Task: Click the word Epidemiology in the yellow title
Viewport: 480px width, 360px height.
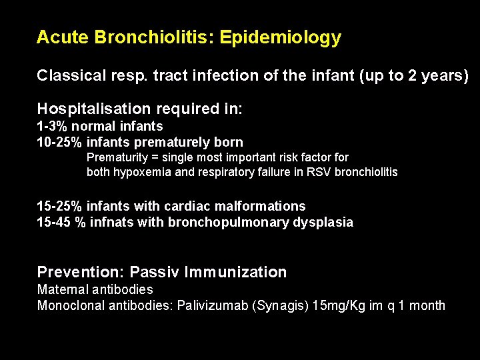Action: click(x=280, y=38)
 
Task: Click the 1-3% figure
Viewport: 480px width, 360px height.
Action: click(x=52, y=126)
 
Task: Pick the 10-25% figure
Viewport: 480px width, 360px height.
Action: click(x=61, y=142)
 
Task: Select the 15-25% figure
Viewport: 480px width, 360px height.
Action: click(x=61, y=207)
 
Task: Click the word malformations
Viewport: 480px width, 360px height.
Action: click(x=267, y=207)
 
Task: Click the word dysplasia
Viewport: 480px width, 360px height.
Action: click(x=323, y=223)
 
